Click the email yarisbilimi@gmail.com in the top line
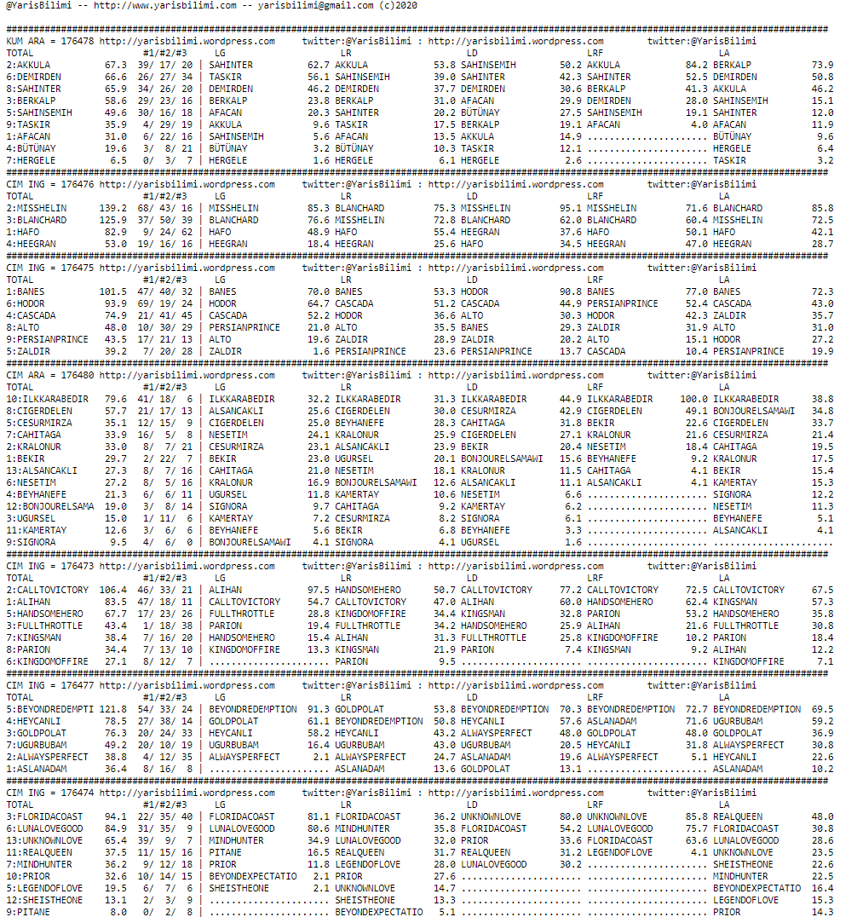(x=315, y=5)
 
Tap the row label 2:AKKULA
(x=28, y=65)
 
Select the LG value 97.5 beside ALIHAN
(x=318, y=590)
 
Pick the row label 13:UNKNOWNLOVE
(x=45, y=840)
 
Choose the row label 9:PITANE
(x=28, y=912)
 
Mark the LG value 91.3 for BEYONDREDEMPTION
(x=318, y=709)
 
